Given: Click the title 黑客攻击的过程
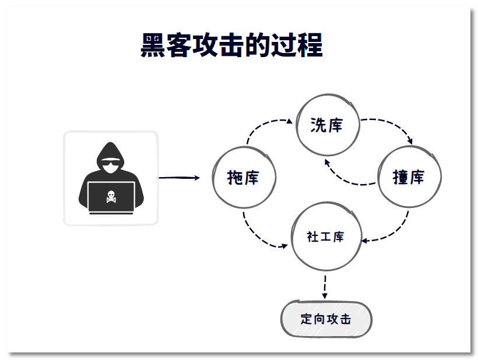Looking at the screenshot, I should pos(231,45).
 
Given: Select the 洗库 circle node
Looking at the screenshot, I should pos(326,125).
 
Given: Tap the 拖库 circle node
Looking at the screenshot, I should pos(243,178).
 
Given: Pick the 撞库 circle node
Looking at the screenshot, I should pos(409,177).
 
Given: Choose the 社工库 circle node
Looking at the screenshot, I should pos(325,237).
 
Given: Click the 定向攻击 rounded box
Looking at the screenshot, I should pos(326,319).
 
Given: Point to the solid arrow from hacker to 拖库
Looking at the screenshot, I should pos(179,178).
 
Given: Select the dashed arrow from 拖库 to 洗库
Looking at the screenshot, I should pos(262,125).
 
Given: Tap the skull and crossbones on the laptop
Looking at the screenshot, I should pos(111,197).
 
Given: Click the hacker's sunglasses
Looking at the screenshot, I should pos(111,165).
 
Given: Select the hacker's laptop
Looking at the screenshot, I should pos(111,197).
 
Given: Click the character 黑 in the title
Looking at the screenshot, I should pos(153,45).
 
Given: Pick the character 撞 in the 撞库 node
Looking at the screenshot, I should pos(400,178).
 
